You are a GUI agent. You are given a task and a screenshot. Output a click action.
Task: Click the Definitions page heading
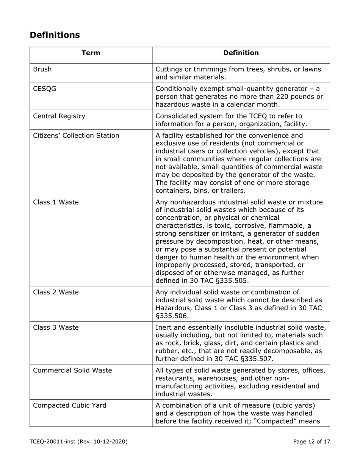[x=55, y=35]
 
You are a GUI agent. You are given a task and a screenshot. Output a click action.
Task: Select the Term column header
[x=91, y=53]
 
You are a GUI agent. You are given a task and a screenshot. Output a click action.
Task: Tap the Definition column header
[x=241, y=53]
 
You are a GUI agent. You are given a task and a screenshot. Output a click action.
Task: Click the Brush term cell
[x=42, y=69]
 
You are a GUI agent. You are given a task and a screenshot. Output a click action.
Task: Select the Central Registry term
[x=58, y=116]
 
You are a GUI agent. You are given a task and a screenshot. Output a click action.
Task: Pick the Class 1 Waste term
[x=56, y=202]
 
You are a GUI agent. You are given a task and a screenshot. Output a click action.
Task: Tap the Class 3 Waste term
[x=56, y=328]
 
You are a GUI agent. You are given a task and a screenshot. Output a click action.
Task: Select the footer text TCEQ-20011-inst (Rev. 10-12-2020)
[x=78, y=442]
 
